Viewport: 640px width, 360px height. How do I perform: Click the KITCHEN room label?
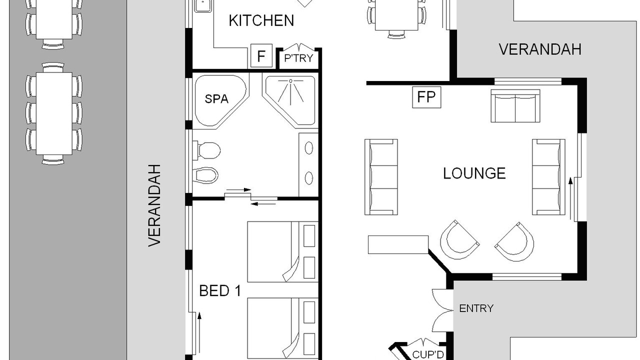[x=261, y=20]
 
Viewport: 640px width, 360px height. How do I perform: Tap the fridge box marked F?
[x=261, y=56]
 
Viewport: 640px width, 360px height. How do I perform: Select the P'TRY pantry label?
[x=298, y=58]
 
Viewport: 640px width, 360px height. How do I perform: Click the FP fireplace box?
[x=426, y=97]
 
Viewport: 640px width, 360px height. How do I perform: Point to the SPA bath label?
[x=216, y=99]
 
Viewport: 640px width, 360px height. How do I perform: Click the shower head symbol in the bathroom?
[x=290, y=81]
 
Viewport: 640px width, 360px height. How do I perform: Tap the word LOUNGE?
[x=474, y=173]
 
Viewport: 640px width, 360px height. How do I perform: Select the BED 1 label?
[x=220, y=291]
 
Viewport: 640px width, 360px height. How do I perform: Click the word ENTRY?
[x=476, y=308]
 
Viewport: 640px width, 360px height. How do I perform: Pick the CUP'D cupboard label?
[x=427, y=354]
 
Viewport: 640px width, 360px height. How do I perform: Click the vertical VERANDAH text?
[x=154, y=205]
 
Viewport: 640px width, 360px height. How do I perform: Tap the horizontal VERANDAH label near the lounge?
[x=540, y=49]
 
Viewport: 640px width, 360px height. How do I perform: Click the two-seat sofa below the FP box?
[x=515, y=106]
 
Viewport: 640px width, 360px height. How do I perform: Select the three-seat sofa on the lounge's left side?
[x=381, y=177]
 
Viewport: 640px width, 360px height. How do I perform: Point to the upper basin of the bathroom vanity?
[x=309, y=148]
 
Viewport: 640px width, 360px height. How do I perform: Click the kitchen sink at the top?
[x=203, y=5]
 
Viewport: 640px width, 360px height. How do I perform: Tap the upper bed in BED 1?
[x=283, y=252]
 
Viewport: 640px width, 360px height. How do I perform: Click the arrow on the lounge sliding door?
[x=570, y=198]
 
